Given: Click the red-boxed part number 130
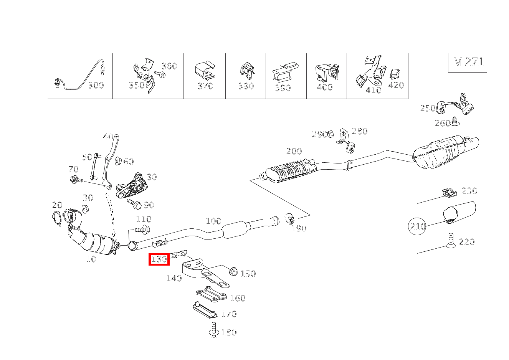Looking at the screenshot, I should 159,259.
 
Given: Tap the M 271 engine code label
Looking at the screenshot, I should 468,62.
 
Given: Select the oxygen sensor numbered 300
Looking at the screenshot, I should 79,76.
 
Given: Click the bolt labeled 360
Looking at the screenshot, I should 160,74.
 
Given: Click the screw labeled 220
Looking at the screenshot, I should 451,240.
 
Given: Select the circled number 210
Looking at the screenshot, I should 418,226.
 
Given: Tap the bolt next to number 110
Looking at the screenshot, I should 142,230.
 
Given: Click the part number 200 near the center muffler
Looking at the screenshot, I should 294,151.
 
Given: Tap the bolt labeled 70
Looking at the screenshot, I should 76,179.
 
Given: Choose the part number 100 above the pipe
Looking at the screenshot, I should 213,221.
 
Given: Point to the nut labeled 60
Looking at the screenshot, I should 118,160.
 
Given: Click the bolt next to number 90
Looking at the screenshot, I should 135,204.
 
